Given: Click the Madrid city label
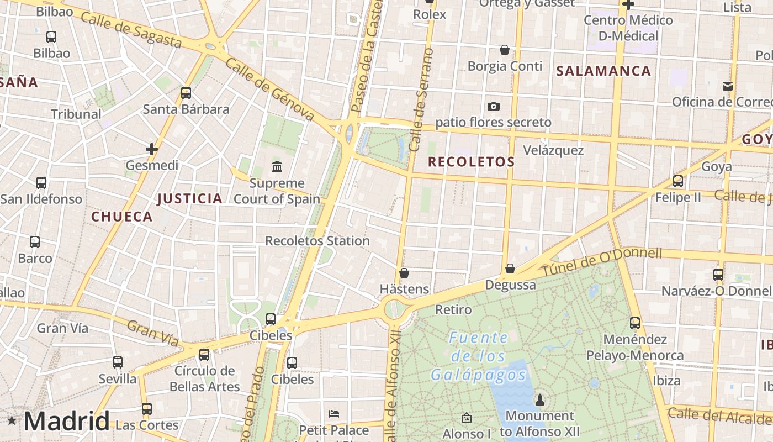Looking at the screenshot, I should click(66, 422).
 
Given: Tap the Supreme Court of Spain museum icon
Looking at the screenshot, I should click(277, 166).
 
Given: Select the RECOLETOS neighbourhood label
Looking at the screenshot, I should click(471, 162).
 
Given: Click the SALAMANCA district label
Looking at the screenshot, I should click(603, 71).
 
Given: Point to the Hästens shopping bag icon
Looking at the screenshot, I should click(404, 273).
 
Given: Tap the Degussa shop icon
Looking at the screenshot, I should click(510, 269).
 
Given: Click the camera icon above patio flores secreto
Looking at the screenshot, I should click(493, 106).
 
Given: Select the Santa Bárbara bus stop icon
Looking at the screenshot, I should click(186, 92).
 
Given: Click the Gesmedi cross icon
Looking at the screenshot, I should click(152, 149).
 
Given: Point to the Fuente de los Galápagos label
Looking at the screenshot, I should click(478, 356).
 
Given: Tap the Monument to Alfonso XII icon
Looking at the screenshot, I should click(539, 399).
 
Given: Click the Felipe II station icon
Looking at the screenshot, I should click(677, 181).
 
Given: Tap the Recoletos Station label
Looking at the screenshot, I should click(317, 241).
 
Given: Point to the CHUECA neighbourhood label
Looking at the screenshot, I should click(122, 217).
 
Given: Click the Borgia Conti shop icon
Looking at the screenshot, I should click(504, 50).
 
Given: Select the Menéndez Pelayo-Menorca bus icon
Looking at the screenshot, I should click(635, 323).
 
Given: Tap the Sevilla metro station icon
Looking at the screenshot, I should click(118, 362).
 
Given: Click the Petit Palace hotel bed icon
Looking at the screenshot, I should click(333, 413).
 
